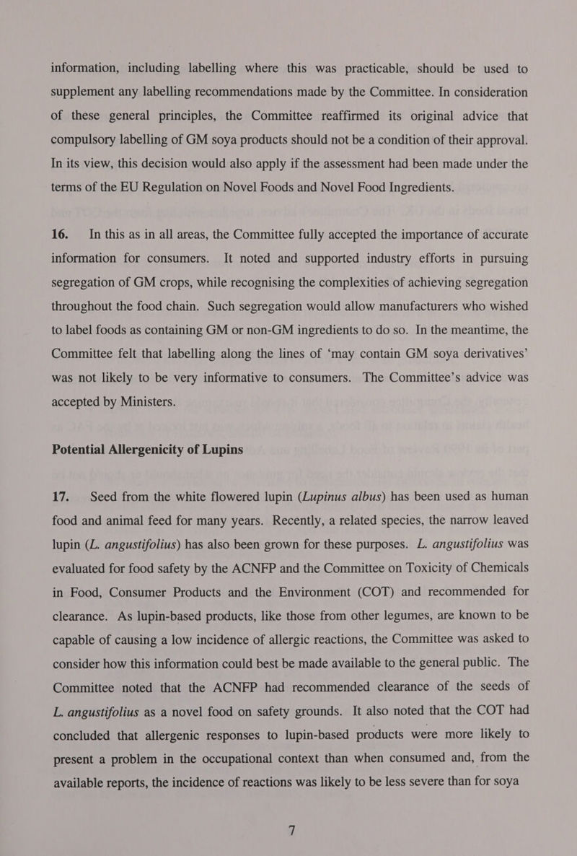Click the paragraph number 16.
click(x=61, y=234)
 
